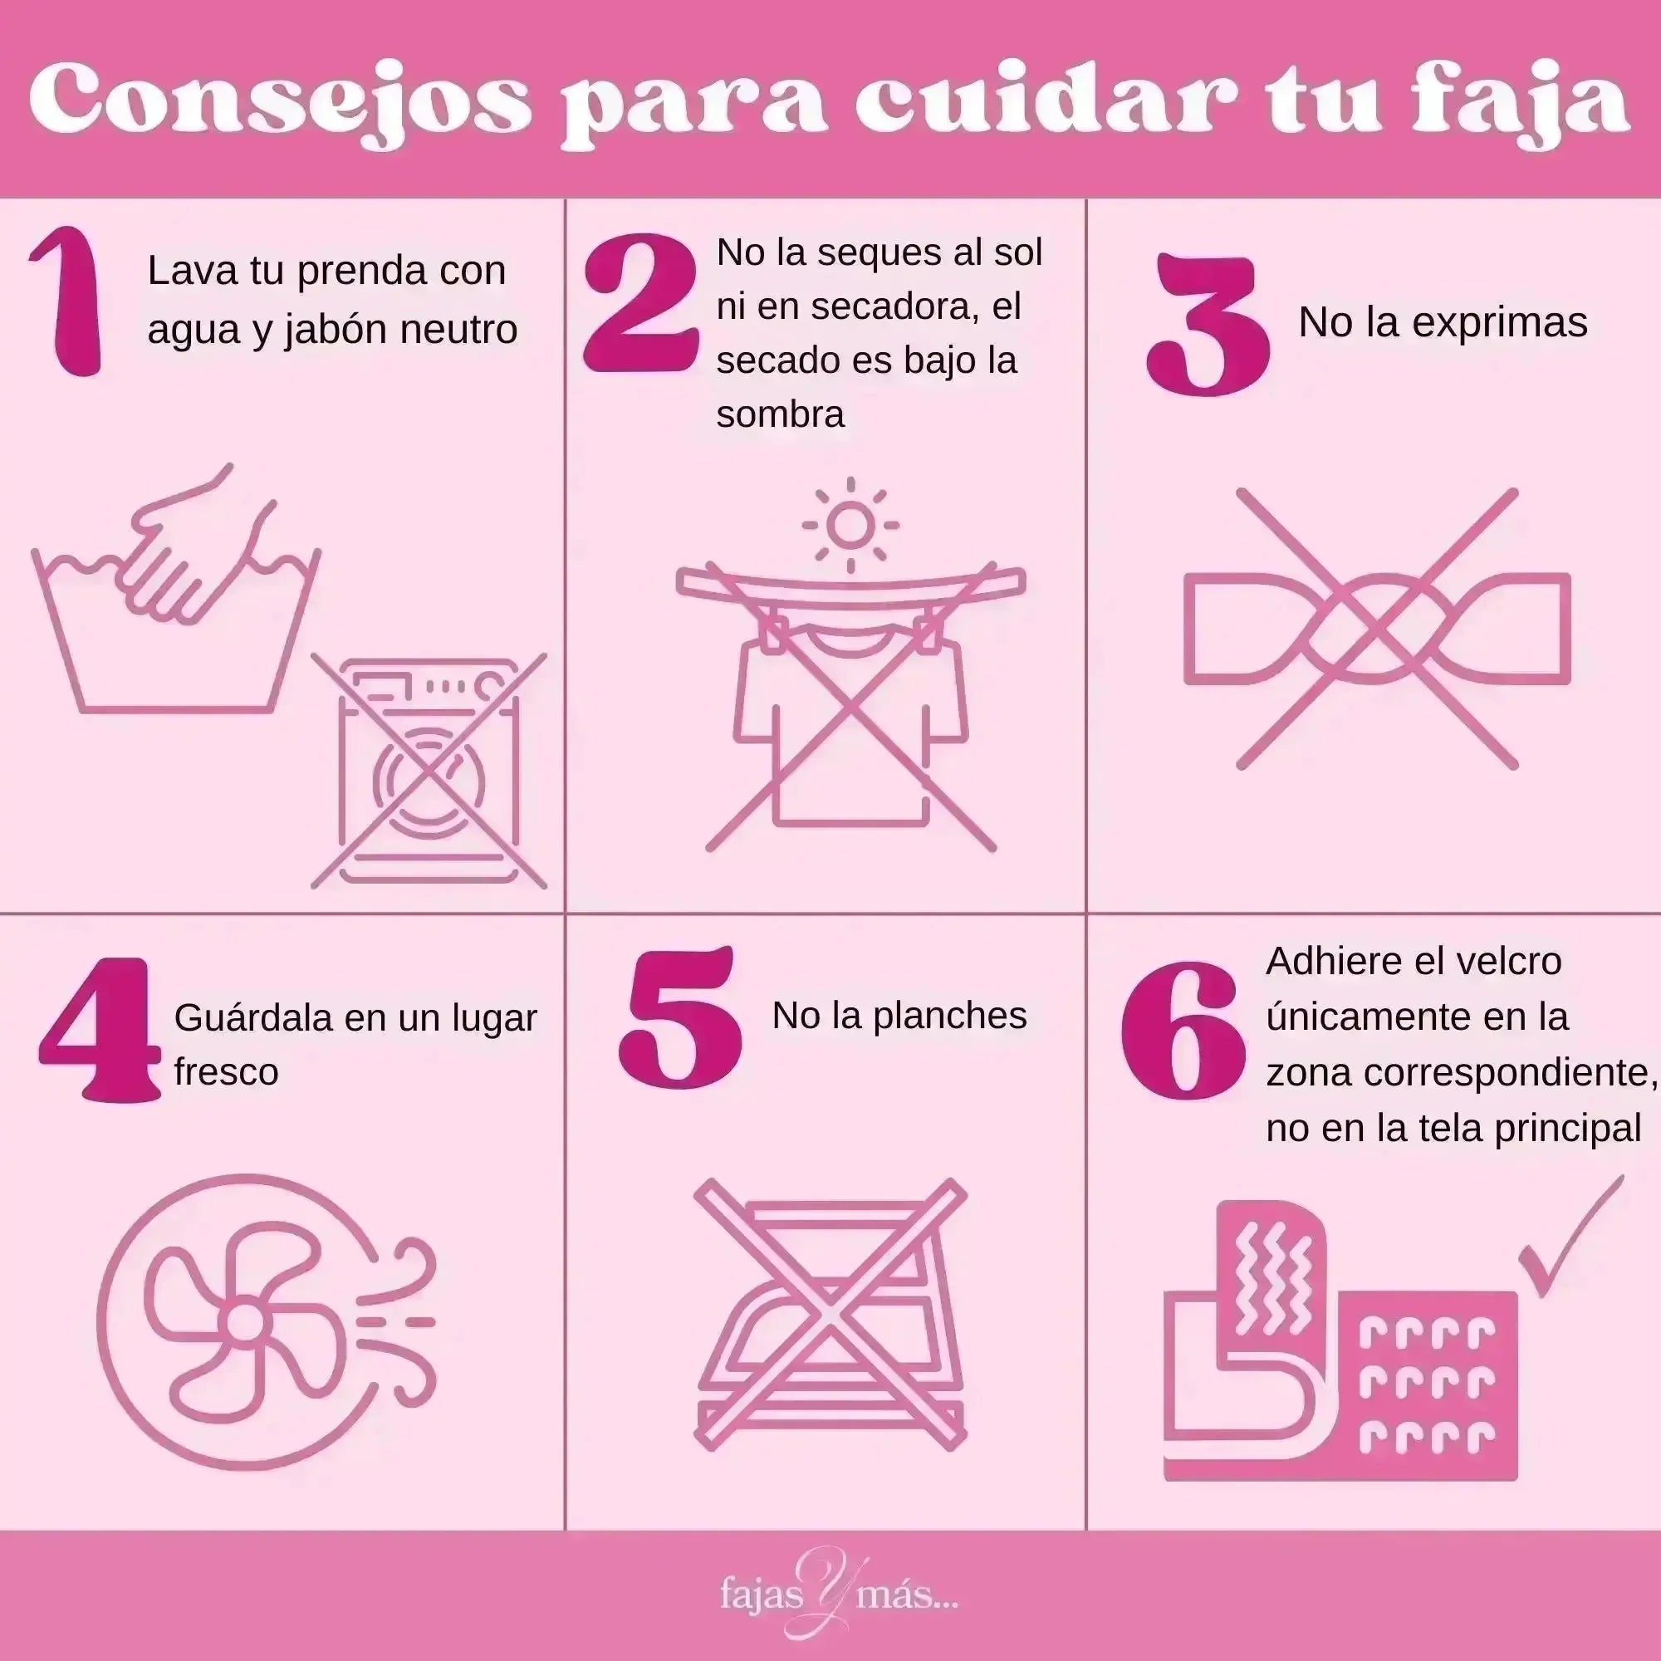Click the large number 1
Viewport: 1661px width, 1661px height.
click(x=69, y=302)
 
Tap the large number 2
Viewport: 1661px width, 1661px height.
click(x=640, y=304)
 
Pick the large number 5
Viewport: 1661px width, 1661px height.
click(x=681, y=1018)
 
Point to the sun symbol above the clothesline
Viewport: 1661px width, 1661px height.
click(x=850, y=524)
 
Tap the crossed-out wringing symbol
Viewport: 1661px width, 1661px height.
click(x=1376, y=629)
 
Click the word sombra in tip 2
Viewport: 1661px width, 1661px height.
click(x=780, y=414)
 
